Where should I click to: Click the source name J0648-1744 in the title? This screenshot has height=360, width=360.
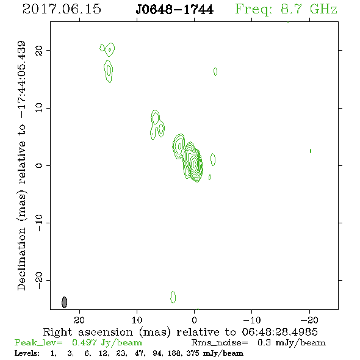click(x=175, y=10)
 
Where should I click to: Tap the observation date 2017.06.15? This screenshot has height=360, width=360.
click(x=62, y=9)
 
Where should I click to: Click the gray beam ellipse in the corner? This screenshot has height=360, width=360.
click(x=65, y=302)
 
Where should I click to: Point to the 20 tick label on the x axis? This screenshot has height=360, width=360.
click(x=79, y=320)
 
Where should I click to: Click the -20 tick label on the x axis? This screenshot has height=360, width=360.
click(x=309, y=320)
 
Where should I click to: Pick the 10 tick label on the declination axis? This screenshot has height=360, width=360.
click(x=39, y=108)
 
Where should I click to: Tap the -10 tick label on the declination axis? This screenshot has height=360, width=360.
click(x=39, y=223)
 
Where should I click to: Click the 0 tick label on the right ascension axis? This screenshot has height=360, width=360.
click(x=194, y=320)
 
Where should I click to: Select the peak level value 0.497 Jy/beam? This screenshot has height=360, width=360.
click(x=107, y=342)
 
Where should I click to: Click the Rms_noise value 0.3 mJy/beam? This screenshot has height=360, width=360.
click(x=291, y=342)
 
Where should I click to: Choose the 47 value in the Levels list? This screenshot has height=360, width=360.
click(x=140, y=353)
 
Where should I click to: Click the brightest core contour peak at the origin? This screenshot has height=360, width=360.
click(x=195, y=164)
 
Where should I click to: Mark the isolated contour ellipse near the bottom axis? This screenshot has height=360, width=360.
click(x=173, y=297)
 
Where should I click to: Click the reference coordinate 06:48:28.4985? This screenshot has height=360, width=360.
click(x=279, y=332)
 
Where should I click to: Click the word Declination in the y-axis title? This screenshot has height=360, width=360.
click(x=21, y=259)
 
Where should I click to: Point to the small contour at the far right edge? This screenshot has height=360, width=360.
click(x=311, y=151)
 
